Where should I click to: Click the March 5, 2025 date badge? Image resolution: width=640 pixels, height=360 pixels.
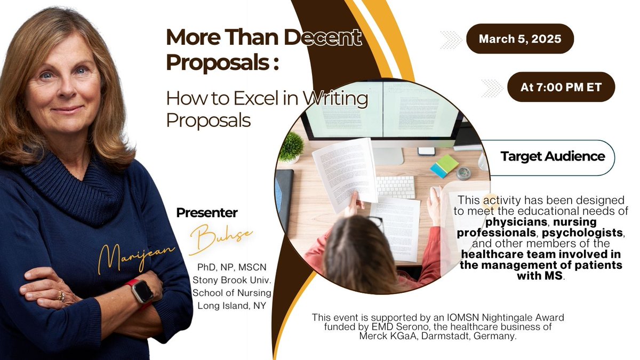coord(519,38)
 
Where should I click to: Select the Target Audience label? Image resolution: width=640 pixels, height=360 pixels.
coord(553,157)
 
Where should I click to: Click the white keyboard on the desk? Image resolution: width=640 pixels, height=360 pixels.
coord(395,186)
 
